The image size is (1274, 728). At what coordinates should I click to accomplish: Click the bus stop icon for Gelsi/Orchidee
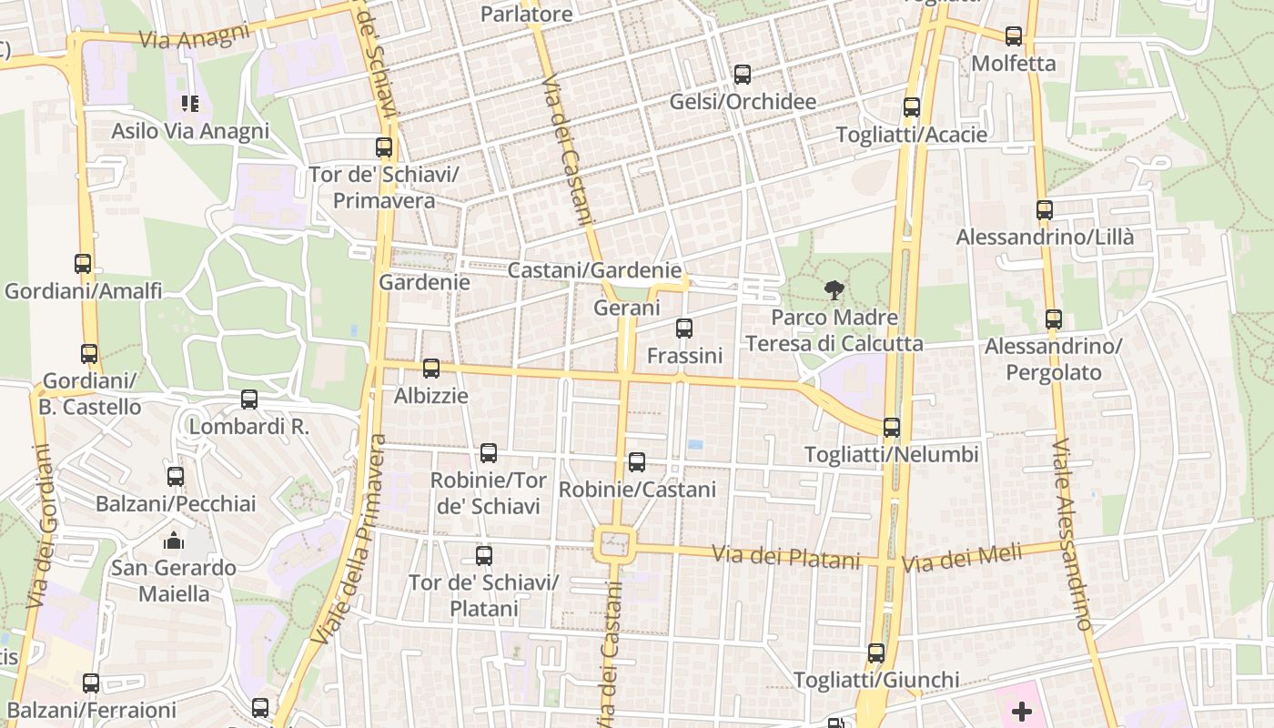743,75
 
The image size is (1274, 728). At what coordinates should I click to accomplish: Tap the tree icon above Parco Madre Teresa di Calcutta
833,291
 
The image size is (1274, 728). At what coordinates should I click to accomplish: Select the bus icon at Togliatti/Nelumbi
892,428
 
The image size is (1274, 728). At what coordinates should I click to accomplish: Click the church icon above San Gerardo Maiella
174,541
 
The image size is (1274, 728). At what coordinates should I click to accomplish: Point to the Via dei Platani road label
785,556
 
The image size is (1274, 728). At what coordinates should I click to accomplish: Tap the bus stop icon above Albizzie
431,369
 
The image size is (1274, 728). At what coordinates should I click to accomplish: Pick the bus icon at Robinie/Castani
637,462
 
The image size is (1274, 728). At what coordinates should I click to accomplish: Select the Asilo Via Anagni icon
190,104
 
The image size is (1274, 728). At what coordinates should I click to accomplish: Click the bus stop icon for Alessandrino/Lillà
1045,210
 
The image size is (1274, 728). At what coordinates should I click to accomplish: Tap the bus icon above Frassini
684,329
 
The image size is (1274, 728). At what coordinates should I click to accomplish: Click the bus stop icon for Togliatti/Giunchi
876,653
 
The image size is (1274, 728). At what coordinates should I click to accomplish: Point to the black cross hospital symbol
1022,711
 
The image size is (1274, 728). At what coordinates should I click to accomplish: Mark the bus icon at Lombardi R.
249,399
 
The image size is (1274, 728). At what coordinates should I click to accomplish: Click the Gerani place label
626,308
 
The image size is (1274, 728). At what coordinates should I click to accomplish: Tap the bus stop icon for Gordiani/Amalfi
83,264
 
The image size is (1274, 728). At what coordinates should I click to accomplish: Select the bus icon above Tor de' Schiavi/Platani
484,555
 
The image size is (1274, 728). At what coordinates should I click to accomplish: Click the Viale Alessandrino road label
1072,535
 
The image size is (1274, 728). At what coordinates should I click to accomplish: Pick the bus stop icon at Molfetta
1014,36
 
